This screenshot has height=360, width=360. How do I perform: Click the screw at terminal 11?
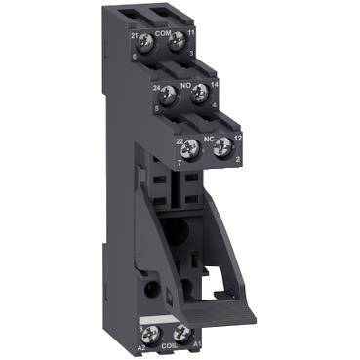point(177,42)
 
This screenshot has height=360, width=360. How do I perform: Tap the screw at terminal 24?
point(167,94)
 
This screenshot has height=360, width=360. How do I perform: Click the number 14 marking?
point(215,87)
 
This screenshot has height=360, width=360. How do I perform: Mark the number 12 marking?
point(237,140)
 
